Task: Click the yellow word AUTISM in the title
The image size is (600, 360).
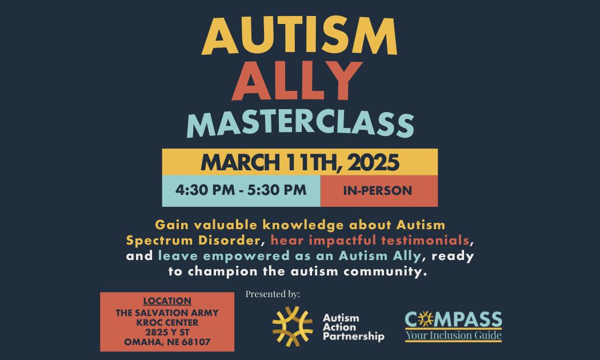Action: click(299, 36)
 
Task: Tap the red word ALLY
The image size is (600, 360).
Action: click(297, 81)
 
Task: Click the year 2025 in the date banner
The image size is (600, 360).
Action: click(373, 162)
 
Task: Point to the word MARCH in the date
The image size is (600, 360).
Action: click(241, 162)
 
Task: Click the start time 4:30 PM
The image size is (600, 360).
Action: click(205, 190)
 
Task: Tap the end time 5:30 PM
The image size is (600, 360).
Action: click(277, 190)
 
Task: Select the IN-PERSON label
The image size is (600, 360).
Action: click(377, 190)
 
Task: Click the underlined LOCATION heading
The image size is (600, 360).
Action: click(167, 301)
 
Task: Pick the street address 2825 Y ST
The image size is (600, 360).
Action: click(167, 332)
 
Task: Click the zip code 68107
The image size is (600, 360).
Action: click(196, 342)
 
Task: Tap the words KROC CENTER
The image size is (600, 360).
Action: click(167, 322)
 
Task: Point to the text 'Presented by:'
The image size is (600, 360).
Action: click(273, 294)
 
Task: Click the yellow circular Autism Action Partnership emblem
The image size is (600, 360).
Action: click(293, 326)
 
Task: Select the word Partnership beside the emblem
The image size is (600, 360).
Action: click(354, 337)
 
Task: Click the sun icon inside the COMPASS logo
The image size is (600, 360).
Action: click(425, 319)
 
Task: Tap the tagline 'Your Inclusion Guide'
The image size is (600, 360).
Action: click(454, 335)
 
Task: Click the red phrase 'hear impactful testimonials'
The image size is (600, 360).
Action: click(370, 240)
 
